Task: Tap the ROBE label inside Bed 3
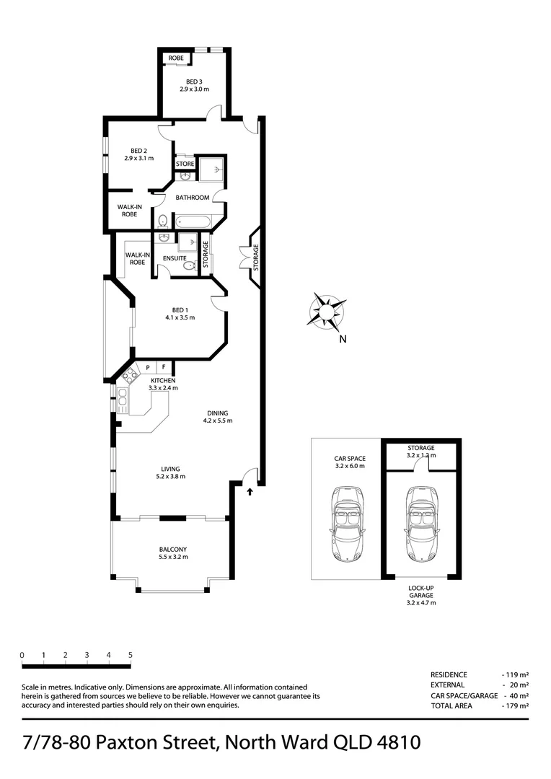click(x=176, y=58)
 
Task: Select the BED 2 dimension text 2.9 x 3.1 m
click(x=138, y=158)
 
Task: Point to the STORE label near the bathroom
click(x=185, y=164)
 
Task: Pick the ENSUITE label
click(x=175, y=258)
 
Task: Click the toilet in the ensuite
click(x=188, y=266)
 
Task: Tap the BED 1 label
click(x=180, y=309)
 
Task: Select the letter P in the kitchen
click(x=148, y=368)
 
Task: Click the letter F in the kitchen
click(x=164, y=368)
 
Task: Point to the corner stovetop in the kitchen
click(x=130, y=374)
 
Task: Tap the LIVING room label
click(x=171, y=468)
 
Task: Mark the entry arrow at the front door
click(x=250, y=492)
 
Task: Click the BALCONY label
click(x=172, y=549)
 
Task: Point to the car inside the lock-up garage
click(x=420, y=524)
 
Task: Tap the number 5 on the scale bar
click(x=131, y=655)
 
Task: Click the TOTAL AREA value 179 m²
click(x=515, y=705)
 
